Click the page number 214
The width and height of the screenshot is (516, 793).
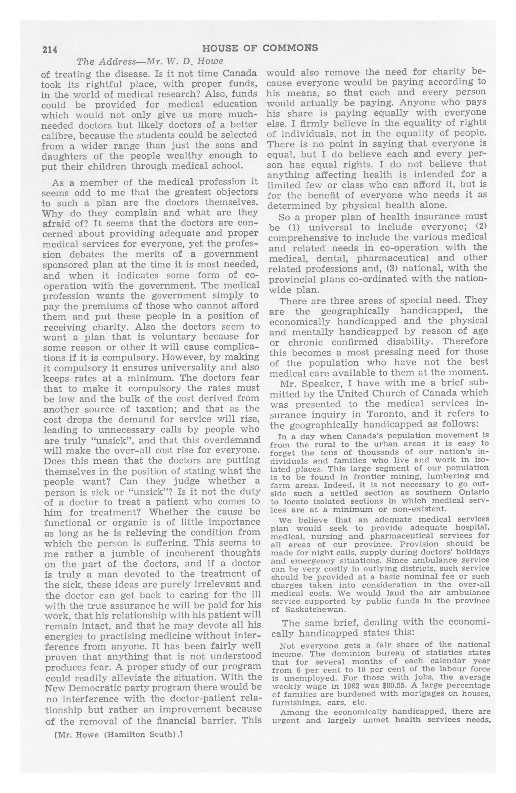click(49, 49)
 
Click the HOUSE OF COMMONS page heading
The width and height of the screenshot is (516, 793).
click(260, 48)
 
